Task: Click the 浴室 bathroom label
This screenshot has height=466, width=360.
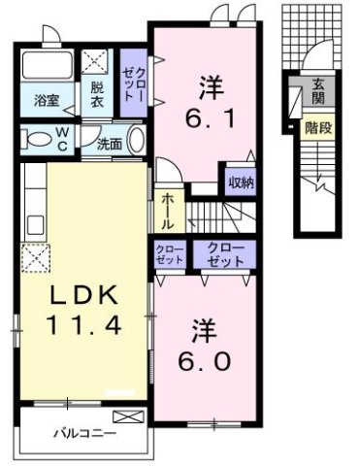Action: [46, 100]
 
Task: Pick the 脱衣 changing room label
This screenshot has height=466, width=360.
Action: [98, 93]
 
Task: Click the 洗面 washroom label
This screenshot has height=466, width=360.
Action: [109, 145]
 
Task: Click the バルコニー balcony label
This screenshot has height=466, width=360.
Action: [85, 432]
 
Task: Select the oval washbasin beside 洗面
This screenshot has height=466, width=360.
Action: [137, 142]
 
